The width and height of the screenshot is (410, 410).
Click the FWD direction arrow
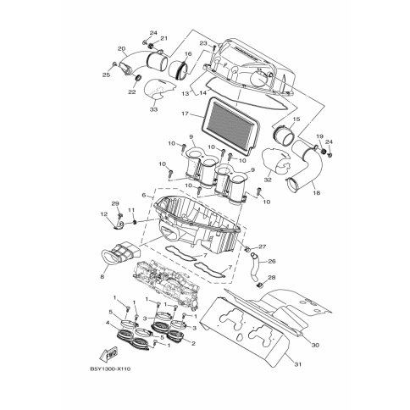108,352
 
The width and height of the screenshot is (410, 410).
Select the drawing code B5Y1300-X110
110,369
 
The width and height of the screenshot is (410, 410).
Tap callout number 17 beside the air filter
185,114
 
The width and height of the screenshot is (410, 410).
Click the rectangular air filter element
230,125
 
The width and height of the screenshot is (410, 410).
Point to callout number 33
153,109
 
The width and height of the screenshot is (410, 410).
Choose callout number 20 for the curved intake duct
121,49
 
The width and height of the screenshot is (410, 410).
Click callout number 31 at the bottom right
298,364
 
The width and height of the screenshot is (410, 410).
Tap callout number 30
315,345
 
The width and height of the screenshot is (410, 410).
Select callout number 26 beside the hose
272,262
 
